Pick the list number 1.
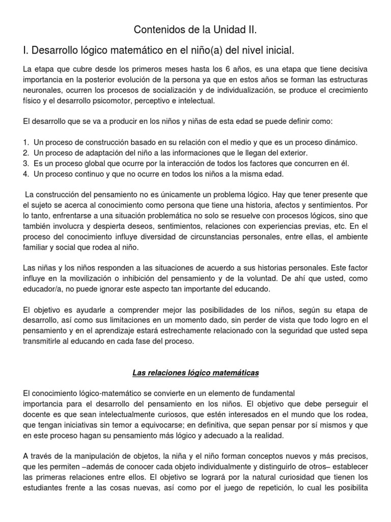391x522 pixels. point(25,142)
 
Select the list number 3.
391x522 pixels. point(25,164)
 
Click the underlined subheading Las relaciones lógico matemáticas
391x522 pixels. point(195,373)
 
